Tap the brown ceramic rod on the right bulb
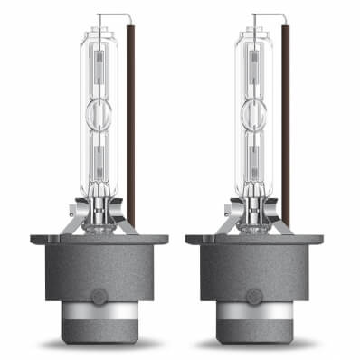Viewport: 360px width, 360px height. (285, 118)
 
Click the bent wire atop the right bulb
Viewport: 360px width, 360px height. (269, 14)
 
